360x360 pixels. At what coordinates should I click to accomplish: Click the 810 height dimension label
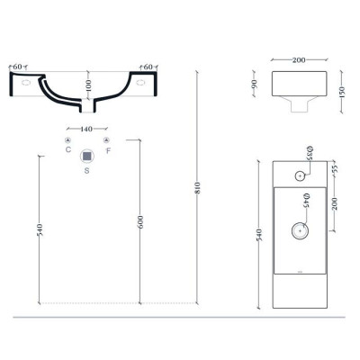pos(198,188)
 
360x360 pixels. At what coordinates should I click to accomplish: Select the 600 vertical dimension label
pos(140,222)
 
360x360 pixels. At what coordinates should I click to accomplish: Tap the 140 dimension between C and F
pos(86,129)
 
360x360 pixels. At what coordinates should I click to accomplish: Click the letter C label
pos(68,149)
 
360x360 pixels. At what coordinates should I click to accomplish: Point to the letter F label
pos(108,150)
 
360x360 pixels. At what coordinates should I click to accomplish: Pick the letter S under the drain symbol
pos(86,170)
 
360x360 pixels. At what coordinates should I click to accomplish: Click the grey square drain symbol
pos(87,156)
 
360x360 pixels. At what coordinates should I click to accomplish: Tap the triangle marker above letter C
pos(68,139)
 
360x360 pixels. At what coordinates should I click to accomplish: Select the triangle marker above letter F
pos(106,139)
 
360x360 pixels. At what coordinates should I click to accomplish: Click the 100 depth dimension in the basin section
pos(88,85)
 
